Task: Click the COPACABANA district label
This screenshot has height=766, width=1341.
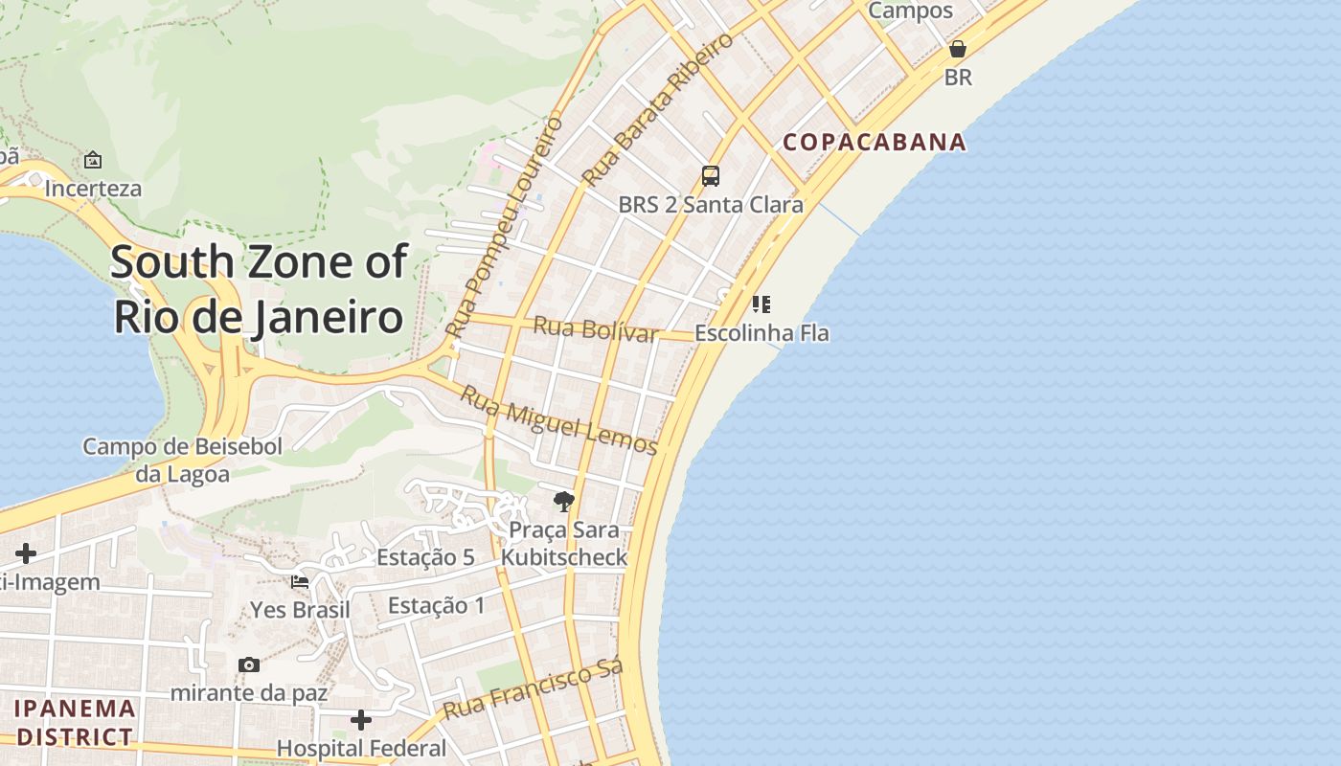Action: pyautogui.click(x=875, y=143)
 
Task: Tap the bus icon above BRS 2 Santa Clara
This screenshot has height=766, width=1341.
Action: pyautogui.click(x=710, y=176)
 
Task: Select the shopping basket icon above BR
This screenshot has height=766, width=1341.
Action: pyautogui.click(x=957, y=49)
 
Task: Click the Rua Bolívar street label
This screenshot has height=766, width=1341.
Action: pyautogui.click(x=595, y=328)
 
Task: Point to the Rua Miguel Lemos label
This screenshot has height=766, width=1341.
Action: pyautogui.click(x=558, y=419)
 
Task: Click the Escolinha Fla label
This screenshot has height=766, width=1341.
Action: pyautogui.click(x=761, y=333)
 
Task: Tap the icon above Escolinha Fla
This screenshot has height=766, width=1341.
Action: pyautogui.click(x=761, y=304)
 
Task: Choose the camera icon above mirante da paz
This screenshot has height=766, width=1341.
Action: pyautogui.click(x=249, y=665)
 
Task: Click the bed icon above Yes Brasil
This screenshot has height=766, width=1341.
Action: pyautogui.click(x=300, y=581)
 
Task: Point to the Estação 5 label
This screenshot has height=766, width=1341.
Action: pyautogui.click(x=425, y=557)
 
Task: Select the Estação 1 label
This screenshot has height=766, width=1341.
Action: pyautogui.click(x=436, y=605)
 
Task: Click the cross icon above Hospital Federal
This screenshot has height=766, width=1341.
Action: pyautogui.click(x=361, y=719)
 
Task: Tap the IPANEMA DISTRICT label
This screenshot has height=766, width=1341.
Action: pyautogui.click(x=75, y=723)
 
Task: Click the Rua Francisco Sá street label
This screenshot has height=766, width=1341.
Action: pyautogui.click(x=534, y=688)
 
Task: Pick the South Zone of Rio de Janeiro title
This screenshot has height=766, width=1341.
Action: pyautogui.click(x=259, y=289)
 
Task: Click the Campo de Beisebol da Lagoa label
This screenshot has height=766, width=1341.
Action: pyautogui.click(x=182, y=460)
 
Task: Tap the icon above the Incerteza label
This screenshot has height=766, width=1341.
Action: pyautogui.click(x=93, y=160)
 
